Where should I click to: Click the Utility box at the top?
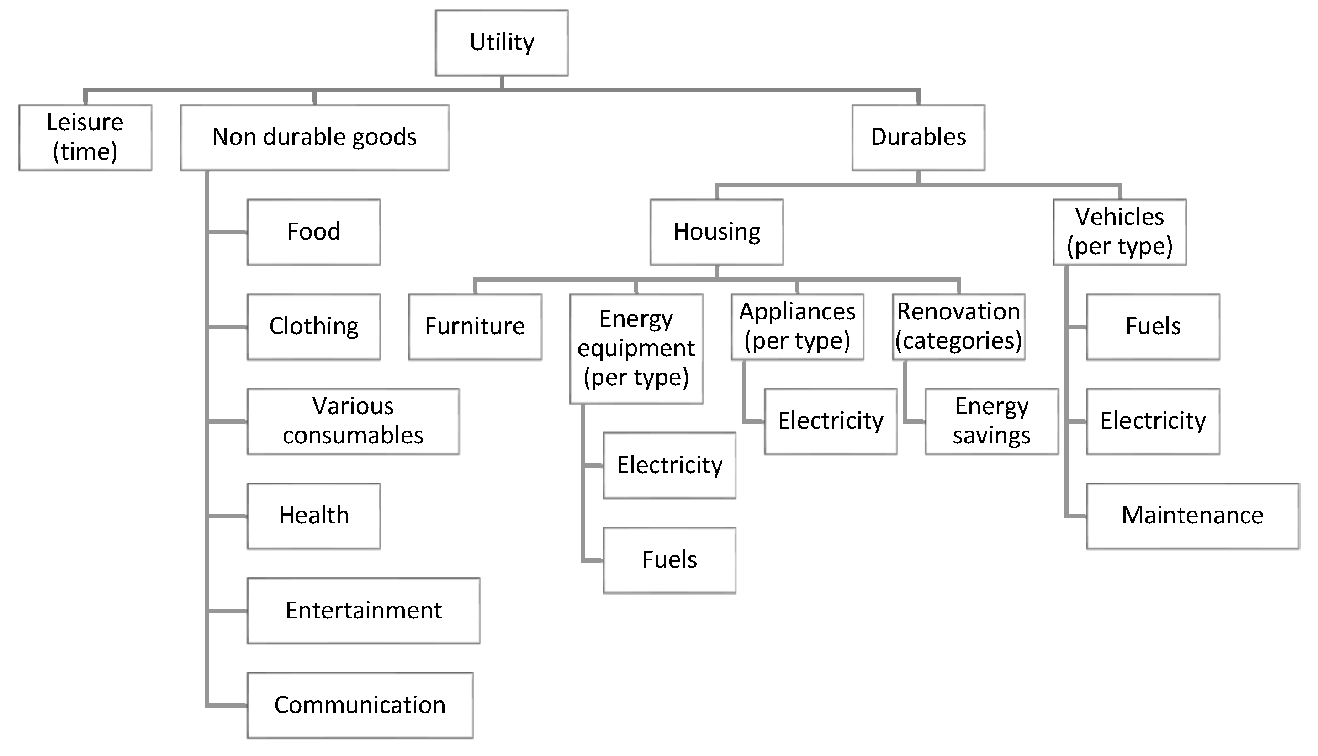(x=501, y=43)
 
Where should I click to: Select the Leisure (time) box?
(x=85, y=138)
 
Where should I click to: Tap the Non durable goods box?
(x=314, y=138)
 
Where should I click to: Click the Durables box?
(x=918, y=138)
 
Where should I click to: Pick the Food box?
(x=313, y=232)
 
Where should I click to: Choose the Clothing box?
(x=313, y=327)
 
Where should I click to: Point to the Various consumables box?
(x=353, y=421)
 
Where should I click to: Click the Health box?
(x=313, y=516)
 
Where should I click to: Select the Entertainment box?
(x=363, y=611)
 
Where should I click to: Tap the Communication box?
(x=360, y=705)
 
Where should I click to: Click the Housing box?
(x=717, y=232)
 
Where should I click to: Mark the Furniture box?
(x=475, y=327)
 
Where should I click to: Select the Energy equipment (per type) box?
(x=636, y=348)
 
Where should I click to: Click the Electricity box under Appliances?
(x=830, y=421)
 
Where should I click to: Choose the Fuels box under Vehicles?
(x=1153, y=327)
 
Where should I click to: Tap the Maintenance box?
(x=1192, y=516)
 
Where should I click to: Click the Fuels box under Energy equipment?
(x=669, y=560)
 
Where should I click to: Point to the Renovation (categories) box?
(x=958, y=327)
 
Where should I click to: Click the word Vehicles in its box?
(x=1119, y=217)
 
